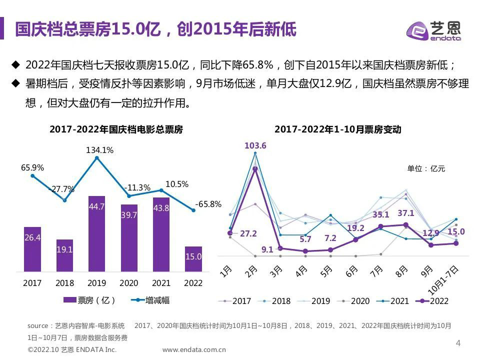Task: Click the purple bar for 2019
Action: (96, 233)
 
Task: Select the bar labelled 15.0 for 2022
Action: (193, 258)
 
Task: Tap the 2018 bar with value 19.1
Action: (64, 255)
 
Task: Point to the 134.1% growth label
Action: (100, 149)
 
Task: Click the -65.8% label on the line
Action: (208, 204)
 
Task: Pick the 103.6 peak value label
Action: (255, 145)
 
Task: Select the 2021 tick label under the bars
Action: (161, 283)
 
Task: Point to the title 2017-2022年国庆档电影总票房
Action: (116, 129)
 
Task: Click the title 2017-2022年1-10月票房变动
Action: (338, 129)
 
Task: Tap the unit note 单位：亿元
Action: (426, 168)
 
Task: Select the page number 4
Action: (458, 343)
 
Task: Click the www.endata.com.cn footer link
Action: (194, 350)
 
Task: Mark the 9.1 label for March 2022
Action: (267, 249)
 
